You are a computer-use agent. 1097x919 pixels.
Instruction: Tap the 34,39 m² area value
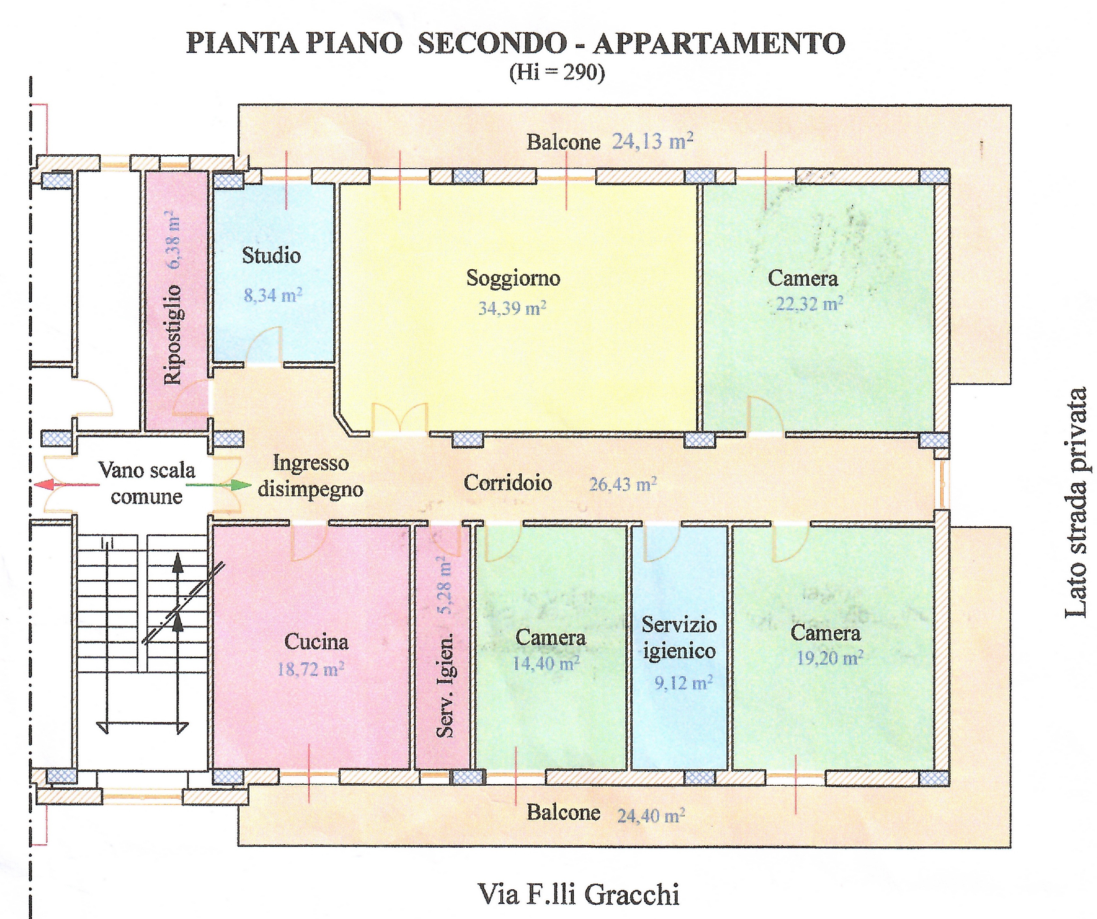pos(512,308)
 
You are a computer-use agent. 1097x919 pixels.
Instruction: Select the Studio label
pos(271,256)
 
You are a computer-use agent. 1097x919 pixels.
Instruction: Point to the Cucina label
pos(316,642)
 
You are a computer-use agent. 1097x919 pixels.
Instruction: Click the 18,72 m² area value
pos(310,669)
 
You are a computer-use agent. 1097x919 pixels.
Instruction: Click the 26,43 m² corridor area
pos(623,484)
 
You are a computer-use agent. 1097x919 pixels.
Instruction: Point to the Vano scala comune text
pos(147,483)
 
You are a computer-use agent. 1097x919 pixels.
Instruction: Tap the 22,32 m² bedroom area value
pos(809,304)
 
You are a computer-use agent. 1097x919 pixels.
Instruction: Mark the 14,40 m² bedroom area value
pos(546,663)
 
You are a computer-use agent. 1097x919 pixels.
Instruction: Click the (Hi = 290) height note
pos(557,72)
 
